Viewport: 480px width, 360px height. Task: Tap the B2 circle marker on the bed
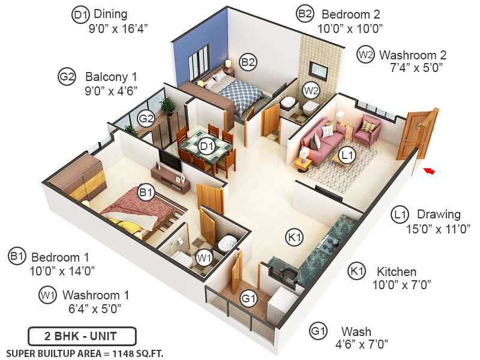tap(248, 61)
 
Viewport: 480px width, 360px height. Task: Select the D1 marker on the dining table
tap(207, 146)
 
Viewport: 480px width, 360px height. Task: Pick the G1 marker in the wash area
tap(248, 298)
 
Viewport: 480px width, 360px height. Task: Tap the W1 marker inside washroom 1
tap(205, 259)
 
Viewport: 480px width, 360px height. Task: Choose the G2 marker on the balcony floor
tap(146, 118)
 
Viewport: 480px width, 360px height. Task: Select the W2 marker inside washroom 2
tap(310, 91)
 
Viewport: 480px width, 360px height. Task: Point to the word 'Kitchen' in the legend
tap(397, 271)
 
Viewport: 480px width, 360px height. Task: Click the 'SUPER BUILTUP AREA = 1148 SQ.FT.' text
tap(85, 352)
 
